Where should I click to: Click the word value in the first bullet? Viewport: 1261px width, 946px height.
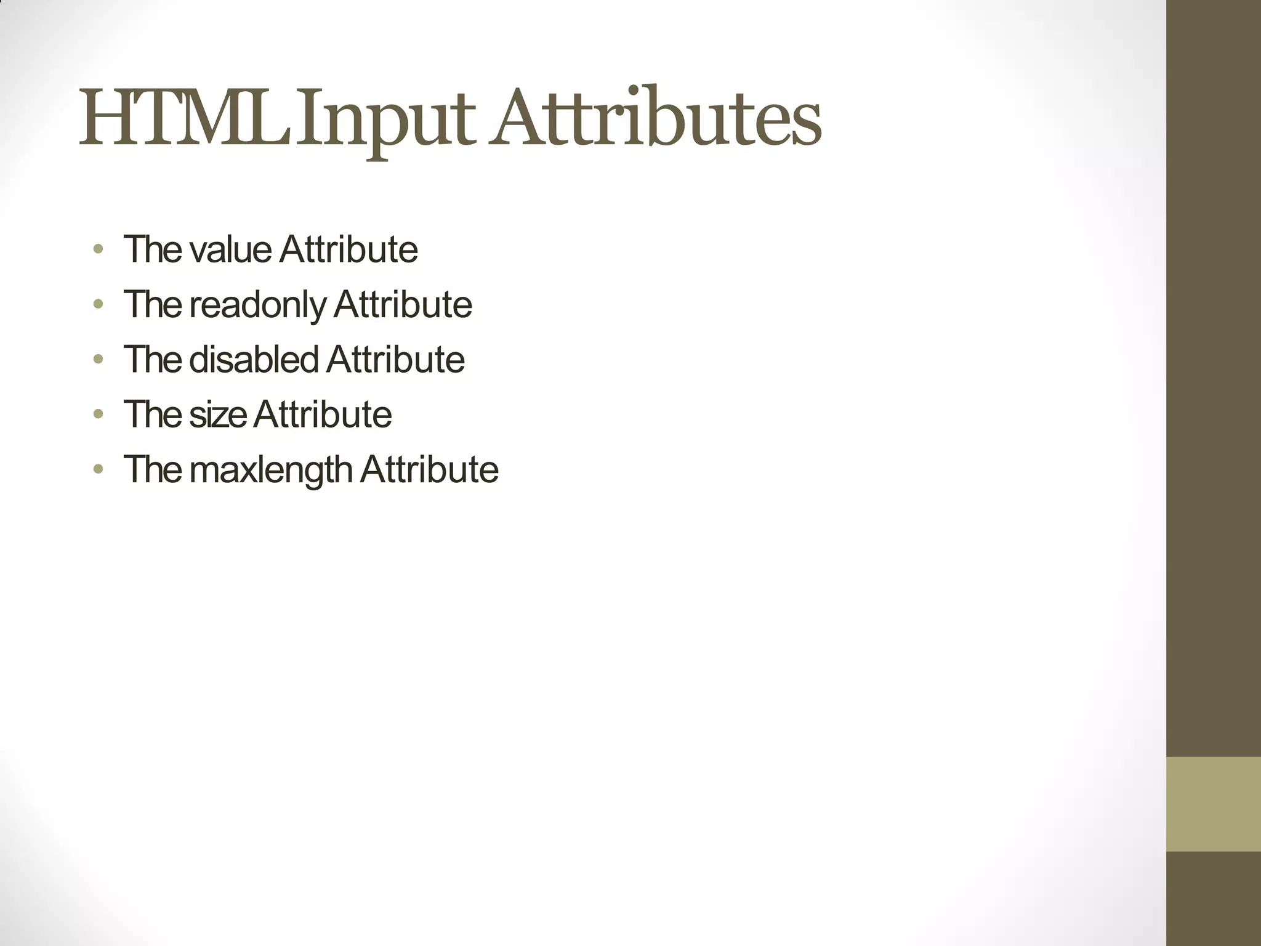(x=230, y=249)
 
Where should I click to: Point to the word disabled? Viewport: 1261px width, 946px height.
(x=254, y=359)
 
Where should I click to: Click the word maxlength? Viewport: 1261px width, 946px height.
(x=271, y=470)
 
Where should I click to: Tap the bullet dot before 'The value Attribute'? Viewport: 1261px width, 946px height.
(x=98, y=249)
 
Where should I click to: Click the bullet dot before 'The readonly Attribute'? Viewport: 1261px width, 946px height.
(x=98, y=304)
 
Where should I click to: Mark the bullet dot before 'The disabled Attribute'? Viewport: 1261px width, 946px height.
(x=98, y=359)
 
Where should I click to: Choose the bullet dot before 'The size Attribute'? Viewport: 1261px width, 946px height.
(x=98, y=414)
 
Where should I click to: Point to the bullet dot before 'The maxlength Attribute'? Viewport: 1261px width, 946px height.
(x=98, y=469)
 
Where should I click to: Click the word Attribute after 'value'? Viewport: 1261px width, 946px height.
(x=348, y=249)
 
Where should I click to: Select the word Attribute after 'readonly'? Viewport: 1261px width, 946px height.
(x=403, y=304)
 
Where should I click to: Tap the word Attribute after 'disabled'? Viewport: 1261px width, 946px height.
(x=395, y=359)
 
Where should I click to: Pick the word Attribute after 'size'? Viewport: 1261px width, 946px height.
(x=323, y=414)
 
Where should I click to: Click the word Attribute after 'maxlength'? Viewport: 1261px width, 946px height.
(x=429, y=469)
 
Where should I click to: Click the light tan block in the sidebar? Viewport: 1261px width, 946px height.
(x=1213, y=804)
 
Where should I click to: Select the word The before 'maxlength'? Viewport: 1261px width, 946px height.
(x=153, y=469)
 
